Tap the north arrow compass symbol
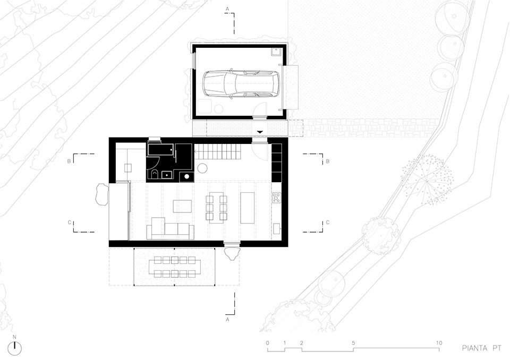tap(14, 348)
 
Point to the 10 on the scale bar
tap(439, 343)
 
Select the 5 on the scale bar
tap(353, 343)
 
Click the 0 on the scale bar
tap(267, 343)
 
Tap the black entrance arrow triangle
tap(260, 132)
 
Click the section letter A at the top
tap(227, 8)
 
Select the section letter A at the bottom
tap(227, 319)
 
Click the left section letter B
tap(69, 161)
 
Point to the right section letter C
tap(328, 222)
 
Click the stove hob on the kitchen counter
tap(276, 198)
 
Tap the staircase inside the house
tap(217, 151)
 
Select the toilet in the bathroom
tap(154, 175)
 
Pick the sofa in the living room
tap(170, 229)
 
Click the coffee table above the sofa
tap(182, 206)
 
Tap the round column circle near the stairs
tap(202, 168)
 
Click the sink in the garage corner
tap(277, 52)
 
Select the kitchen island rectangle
tap(247, 208)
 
